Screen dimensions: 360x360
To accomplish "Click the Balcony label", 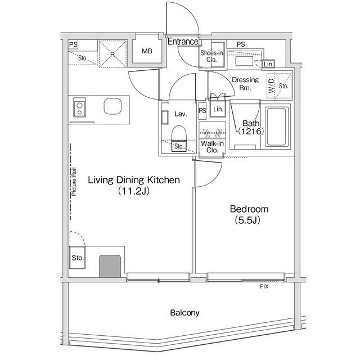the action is [x=184, y=313].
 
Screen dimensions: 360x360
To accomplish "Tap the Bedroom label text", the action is [x=249, y=209].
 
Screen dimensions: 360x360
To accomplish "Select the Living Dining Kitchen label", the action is [x=134, y=180].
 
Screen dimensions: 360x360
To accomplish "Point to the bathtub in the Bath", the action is [x=276, y=127].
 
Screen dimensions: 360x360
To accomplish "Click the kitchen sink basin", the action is [x=112, y=106].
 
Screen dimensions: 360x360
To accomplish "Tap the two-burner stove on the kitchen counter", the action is [x=79, y=107].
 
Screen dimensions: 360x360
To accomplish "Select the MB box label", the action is [x=147, y=51].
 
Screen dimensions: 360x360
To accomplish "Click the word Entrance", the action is [x=183, y=41].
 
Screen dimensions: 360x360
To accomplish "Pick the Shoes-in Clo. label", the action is [x=211, y=56].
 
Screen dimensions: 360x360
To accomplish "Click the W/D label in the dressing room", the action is [x=271, y=85].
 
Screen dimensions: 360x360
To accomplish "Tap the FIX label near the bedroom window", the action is [x=264, y=286].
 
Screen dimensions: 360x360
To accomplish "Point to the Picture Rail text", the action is [x=74, y=182].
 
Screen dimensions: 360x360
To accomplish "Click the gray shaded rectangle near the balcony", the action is [x=110, y=266].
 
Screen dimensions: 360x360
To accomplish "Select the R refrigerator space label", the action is [x=112, y=55].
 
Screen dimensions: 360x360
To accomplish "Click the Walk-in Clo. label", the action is [x=213, y=147].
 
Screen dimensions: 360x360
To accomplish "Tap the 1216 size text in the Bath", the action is [x=251, y=131].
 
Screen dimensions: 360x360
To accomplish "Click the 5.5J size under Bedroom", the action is [x=247, y=220].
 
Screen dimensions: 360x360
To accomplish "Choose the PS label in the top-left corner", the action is [x=73, y=44].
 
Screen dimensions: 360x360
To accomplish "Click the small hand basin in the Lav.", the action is [x=165, y=118].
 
